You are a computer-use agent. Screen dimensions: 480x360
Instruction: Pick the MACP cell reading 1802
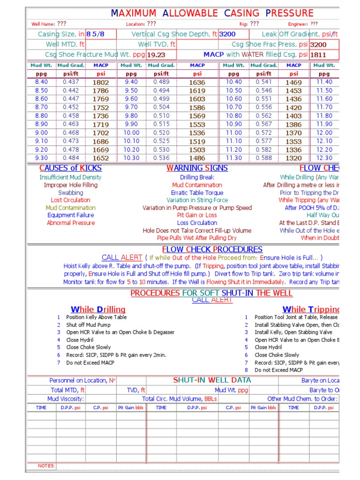100,82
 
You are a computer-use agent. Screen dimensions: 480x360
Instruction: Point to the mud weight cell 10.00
131,133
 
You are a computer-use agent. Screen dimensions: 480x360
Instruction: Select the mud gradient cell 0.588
263,158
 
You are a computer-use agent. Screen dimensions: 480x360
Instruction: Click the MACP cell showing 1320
294,158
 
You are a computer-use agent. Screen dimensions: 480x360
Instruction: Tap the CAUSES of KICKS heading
70,168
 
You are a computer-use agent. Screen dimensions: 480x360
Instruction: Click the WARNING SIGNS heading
197,168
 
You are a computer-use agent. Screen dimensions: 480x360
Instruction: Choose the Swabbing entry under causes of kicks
70,193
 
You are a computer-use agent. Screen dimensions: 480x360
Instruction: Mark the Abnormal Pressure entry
70,223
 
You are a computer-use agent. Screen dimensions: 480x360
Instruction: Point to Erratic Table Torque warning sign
197,193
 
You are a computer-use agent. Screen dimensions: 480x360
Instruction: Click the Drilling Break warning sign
197,178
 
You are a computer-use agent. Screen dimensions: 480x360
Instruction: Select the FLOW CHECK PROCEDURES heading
212,249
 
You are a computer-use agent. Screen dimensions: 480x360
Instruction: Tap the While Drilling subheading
98,309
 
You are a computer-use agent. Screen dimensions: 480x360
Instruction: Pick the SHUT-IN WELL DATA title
212,380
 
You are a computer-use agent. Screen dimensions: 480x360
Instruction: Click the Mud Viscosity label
66,399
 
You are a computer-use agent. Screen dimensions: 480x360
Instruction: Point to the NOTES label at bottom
46,466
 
